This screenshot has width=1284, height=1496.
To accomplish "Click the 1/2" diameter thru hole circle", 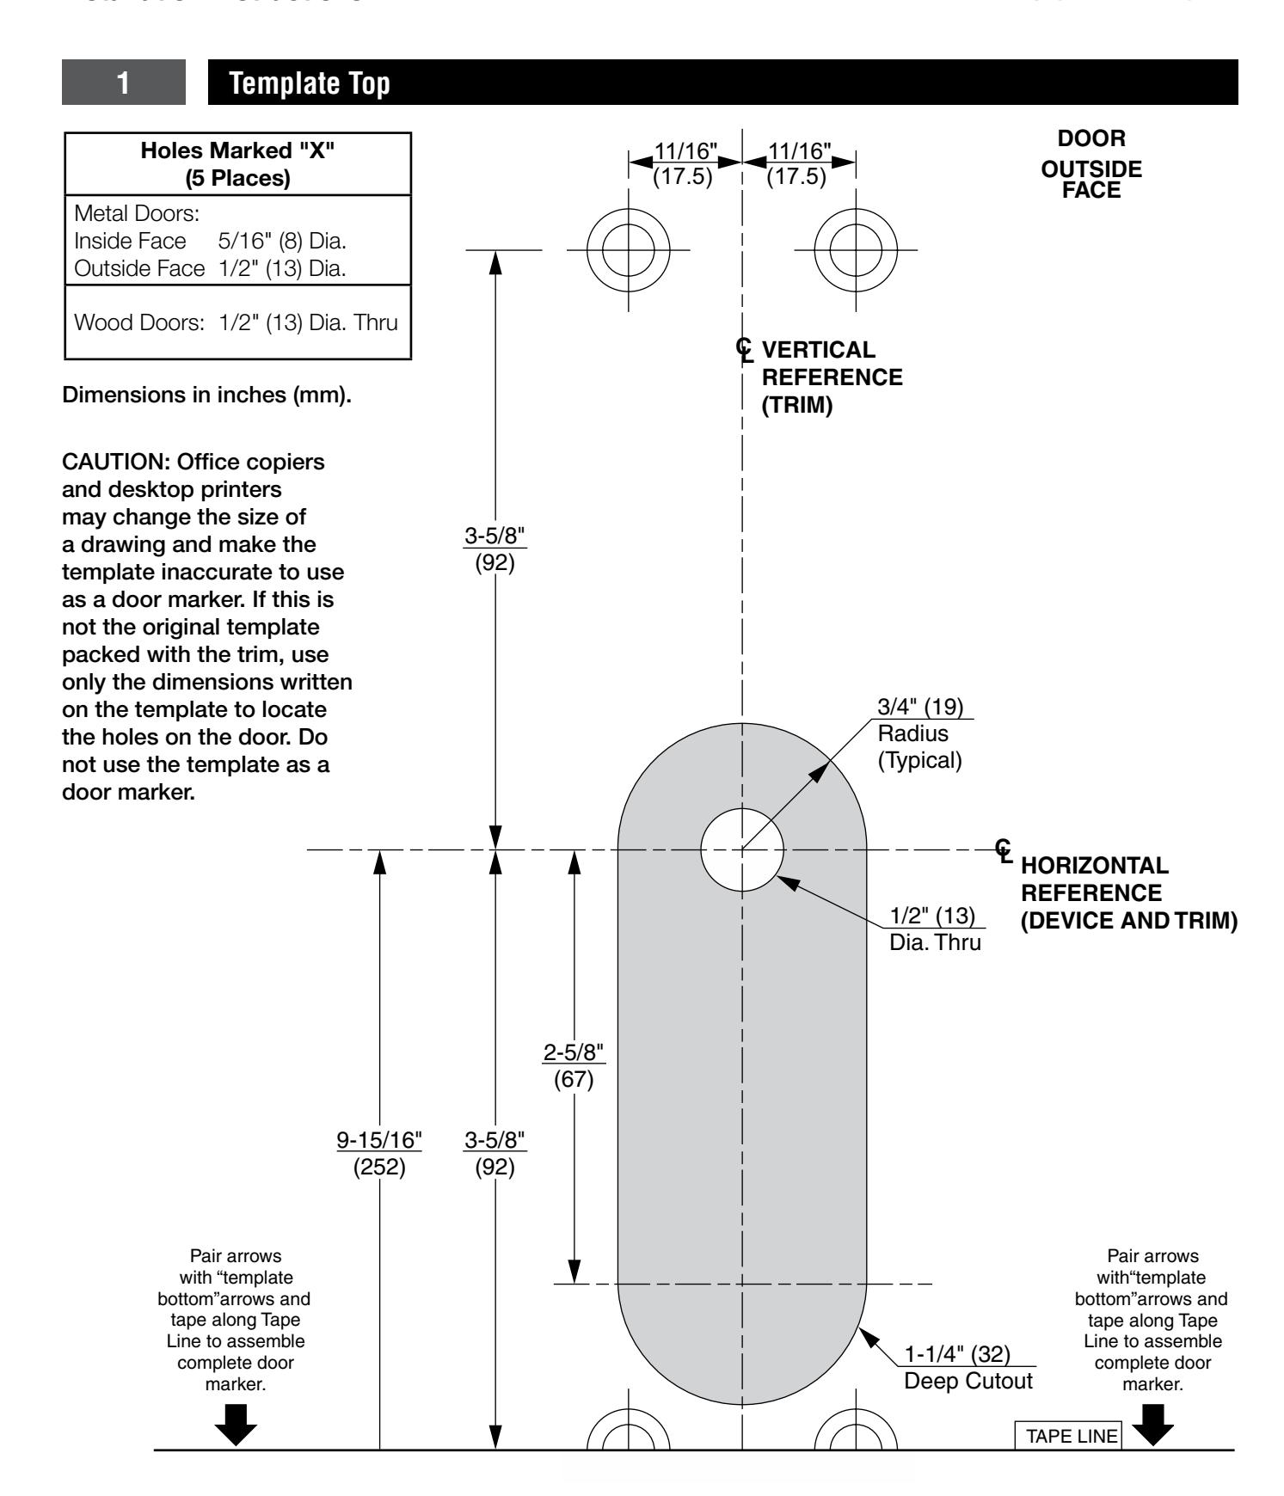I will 742,849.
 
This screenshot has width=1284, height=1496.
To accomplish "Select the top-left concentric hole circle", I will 629,250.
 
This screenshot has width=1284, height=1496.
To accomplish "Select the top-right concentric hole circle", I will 856,250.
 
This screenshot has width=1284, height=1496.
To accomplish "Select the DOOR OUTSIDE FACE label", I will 1091,164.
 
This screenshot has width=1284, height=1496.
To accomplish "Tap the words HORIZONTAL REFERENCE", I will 1094,878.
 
